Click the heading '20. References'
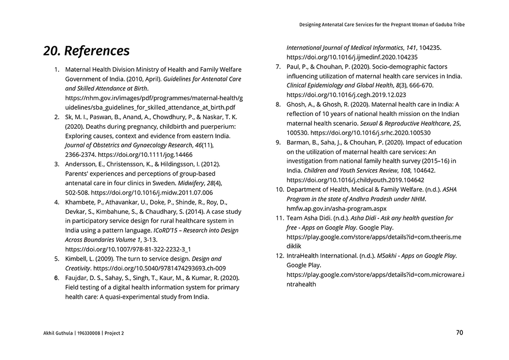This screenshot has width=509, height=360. [87, 51]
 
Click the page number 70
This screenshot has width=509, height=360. [459, 333]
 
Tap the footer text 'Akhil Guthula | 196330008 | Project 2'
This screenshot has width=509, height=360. [83, 334]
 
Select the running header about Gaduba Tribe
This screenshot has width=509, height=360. [382, 24]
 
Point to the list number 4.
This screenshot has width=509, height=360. [56, 202]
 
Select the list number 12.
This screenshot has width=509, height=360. [279, 256]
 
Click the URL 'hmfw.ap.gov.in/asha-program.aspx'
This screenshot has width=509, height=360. [336, 209]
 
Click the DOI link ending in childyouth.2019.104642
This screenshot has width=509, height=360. [355, 180]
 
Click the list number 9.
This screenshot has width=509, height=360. [278, 143]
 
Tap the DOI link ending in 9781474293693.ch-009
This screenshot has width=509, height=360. [160, 268]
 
